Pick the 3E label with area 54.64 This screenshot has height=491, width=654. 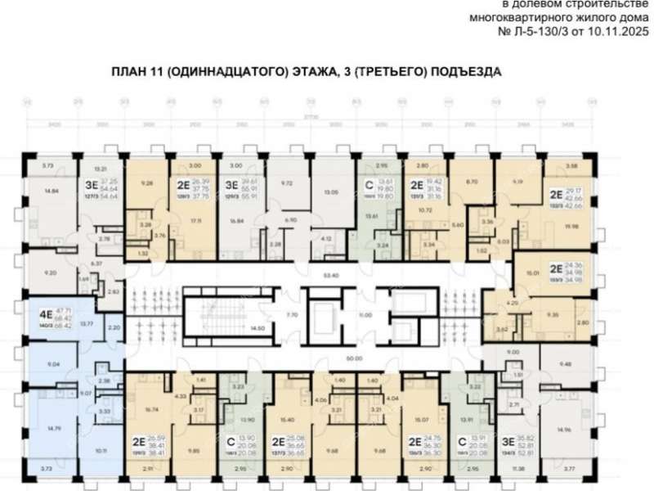click(93, 185)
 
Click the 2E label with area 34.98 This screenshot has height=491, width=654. click(556, 268)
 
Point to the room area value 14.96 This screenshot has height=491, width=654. click(562, 430)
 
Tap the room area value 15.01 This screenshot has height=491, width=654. click(535, 273)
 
